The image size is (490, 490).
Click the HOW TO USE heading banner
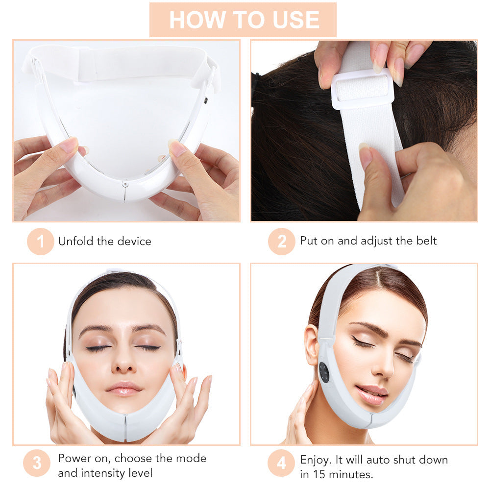244,19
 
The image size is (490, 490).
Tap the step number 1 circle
40,241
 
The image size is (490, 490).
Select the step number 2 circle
281,241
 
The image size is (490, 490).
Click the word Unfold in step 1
73,241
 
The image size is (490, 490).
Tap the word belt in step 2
425,241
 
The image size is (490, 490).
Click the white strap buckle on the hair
363,89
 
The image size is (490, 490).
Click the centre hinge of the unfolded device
125,186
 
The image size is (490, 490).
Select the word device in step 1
134,241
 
